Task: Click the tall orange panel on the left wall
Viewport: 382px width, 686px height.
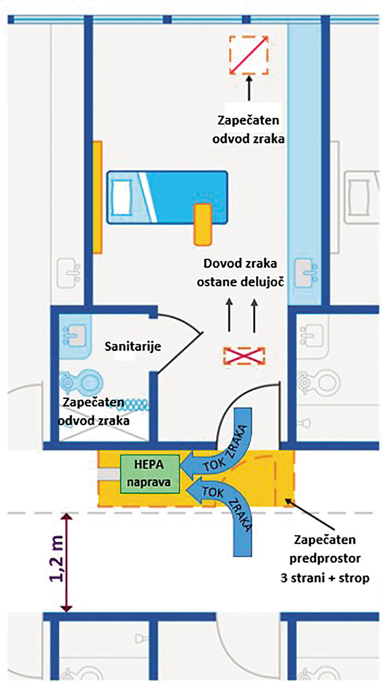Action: pos(97,197)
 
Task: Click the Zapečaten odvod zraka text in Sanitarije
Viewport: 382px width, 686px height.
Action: pos(102,411)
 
